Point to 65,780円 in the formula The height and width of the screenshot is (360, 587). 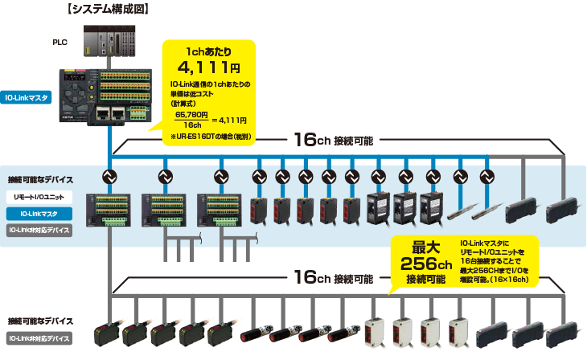click(192, 115)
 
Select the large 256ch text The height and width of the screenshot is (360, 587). click(426, 264)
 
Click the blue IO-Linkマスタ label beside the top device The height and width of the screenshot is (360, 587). click(27, 98)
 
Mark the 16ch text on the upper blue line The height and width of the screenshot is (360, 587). click(310, 140)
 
